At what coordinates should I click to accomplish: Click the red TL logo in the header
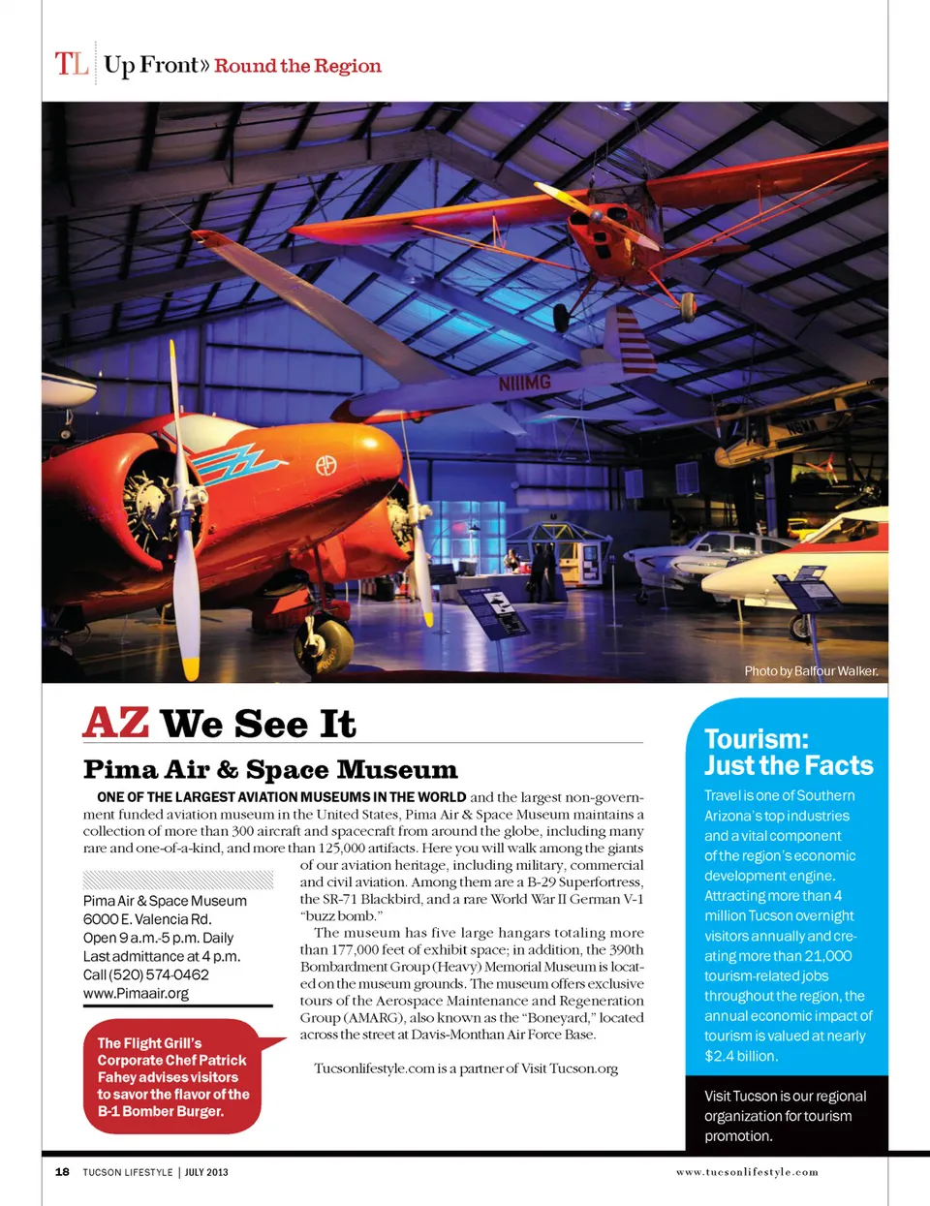[x=72, y=64]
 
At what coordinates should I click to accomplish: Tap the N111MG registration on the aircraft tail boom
[x=524, y=384]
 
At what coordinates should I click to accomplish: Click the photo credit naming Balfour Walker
[x=811, y=670]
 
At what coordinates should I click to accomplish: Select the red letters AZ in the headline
[x=116, y=724]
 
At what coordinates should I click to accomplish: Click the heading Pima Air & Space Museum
[x=270, y=770]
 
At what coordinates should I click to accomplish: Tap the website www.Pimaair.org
[x=136, y=993]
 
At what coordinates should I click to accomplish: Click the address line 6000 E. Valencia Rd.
[x=147, y=919]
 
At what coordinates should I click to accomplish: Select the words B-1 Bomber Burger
[x=161, y=1111]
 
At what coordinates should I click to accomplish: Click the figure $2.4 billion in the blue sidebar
[x=741, y=1056]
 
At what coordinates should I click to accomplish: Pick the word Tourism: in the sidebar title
[x=756, y=739]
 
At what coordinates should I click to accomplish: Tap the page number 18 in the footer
[x=62, y=1172]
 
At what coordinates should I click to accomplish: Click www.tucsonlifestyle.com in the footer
[x=747, y=1172]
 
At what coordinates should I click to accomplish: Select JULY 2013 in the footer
[x=206, y=1172]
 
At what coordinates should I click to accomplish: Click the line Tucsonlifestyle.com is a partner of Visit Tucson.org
[x=466, y=1067]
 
